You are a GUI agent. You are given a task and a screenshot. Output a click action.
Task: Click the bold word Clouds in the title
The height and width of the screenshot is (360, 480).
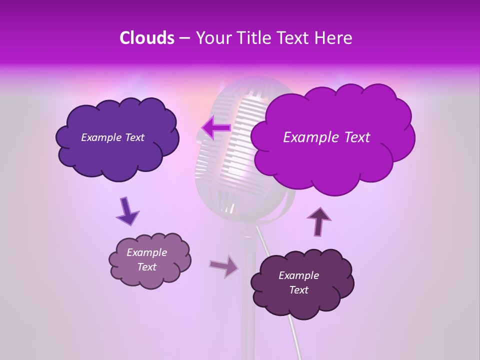146,38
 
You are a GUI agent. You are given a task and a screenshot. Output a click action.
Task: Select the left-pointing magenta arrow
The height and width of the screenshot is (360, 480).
216,127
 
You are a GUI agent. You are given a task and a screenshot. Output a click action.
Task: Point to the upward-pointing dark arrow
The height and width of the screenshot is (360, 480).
319,221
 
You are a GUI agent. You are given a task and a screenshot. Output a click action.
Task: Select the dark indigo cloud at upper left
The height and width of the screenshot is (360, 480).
117,150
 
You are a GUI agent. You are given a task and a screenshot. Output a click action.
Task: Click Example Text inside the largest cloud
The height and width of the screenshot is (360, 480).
326,137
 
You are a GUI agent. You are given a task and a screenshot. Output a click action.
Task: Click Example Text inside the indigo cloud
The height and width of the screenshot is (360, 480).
112,137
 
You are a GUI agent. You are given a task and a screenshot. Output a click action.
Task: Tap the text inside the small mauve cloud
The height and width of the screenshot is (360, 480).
146,259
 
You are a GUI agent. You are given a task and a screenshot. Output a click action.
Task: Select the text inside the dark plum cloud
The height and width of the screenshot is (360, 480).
298,282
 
